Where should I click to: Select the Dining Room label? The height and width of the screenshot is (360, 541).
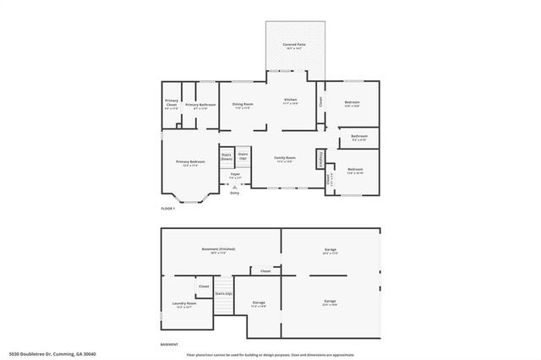tap(244, 106)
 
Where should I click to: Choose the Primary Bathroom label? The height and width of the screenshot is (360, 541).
tap(200, 106)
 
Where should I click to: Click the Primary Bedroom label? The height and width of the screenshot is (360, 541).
tap(190, 162)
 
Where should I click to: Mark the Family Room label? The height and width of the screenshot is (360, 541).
tap(285, 159)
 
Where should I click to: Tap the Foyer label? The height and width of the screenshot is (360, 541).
tap(235, 176)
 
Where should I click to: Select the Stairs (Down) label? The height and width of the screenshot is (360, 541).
tap(227, 156)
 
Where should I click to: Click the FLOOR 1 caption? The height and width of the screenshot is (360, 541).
tap(169, 208)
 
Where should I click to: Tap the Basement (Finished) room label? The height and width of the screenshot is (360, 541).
tap(218, 249)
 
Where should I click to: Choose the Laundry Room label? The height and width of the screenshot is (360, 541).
tap(186, 304)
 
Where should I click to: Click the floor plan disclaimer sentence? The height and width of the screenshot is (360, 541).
tap(270, 354)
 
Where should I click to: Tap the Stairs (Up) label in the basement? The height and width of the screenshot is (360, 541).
tap(224, 293)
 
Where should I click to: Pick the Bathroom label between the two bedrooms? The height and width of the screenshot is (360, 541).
tap(359, 137)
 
